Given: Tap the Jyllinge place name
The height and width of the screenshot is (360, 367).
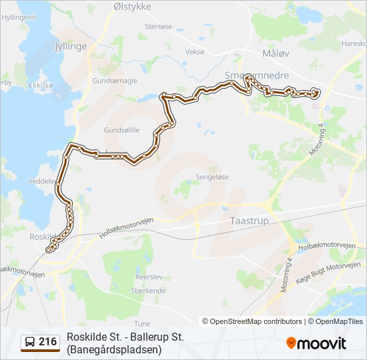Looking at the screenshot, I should pos(70,47).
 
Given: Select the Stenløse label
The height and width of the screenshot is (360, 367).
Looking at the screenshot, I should pos(158,26).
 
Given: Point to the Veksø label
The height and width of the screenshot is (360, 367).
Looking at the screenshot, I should pos(195,51).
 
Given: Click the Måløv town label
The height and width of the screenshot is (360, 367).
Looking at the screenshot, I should pos(276,53).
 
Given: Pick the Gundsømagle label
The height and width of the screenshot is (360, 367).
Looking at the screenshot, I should pos(115,80).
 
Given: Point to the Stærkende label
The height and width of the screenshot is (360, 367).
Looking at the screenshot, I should pos(149,291).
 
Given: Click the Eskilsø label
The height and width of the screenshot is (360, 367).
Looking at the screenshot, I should pos(41,85).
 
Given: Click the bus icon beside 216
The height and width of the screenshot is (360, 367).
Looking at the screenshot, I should pos(29,343).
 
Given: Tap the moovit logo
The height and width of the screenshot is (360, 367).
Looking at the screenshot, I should pos(316,343).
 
